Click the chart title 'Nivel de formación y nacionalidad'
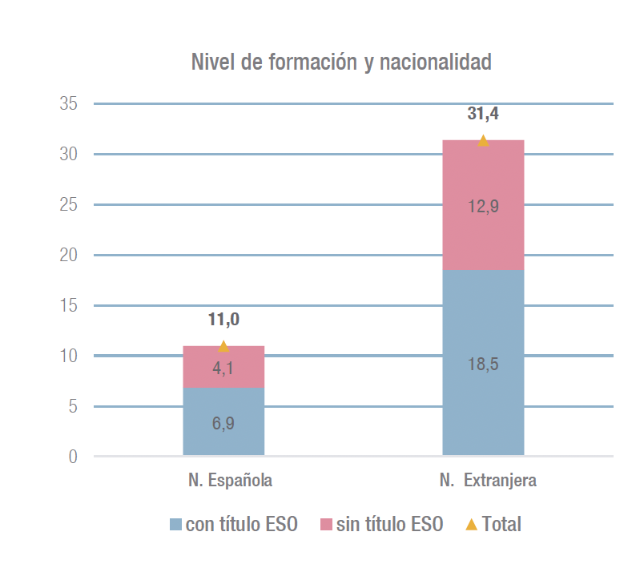341,62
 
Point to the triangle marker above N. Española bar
223,346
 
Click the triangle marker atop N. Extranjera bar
483,141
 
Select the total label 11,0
223,320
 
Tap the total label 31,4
483,115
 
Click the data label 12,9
483,207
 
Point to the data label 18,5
483,365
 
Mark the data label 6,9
223,423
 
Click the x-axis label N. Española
231,481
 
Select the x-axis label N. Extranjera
488,481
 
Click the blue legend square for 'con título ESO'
176,525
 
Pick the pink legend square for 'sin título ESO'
326,525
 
